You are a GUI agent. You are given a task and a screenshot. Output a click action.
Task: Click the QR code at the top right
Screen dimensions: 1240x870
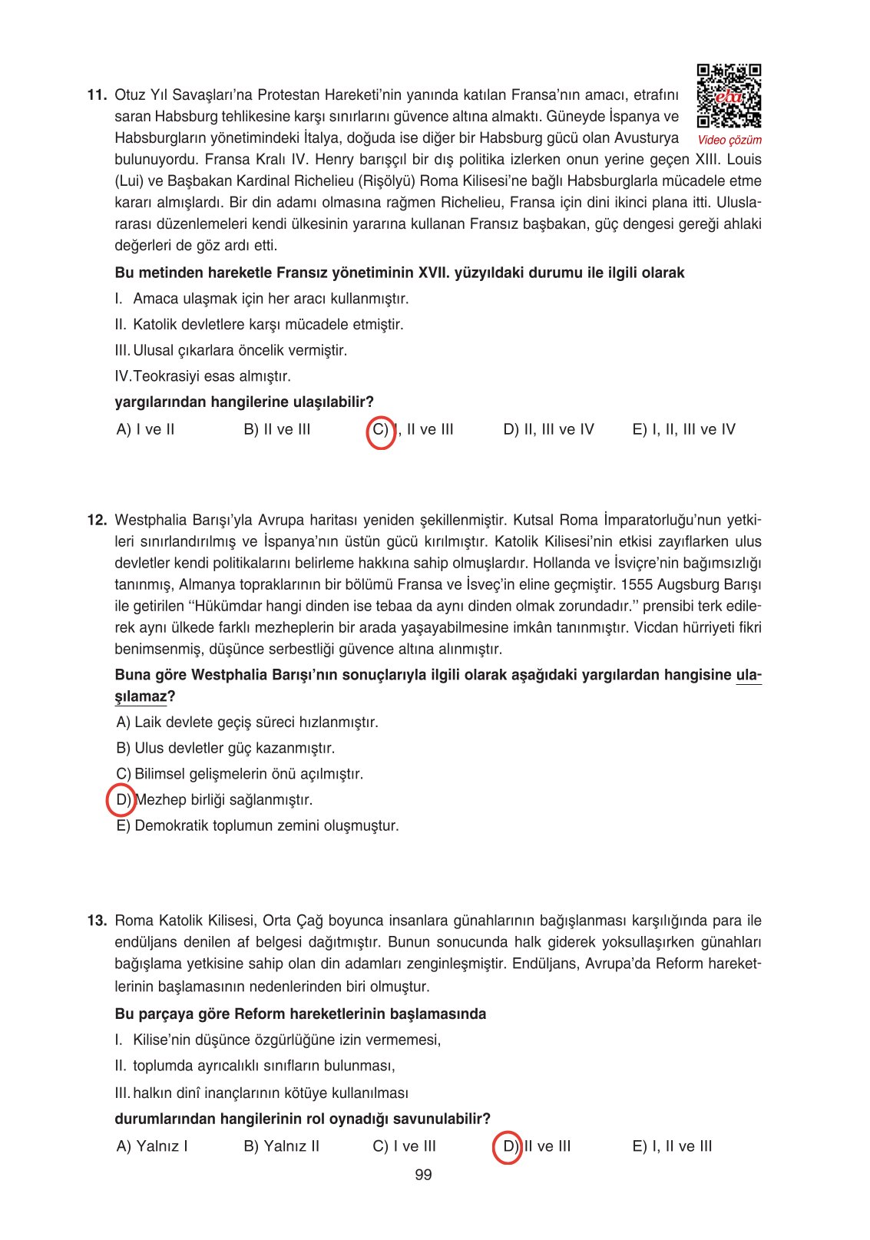pyautogui.click(x=729, y=96)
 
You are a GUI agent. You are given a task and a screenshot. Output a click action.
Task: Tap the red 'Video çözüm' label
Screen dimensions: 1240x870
pyautogui.click(x=729, y=140)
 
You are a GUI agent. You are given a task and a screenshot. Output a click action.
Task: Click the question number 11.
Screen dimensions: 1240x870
pyautogui.click(x=96, y=95)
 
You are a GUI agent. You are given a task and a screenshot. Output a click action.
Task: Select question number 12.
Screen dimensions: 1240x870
pyautogui.click(x=96, y=520)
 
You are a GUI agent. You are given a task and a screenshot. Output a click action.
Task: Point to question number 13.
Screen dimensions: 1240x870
pyautogui.click(x=96, y=920)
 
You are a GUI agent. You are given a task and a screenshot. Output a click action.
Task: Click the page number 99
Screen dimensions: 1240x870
pyautogui.click(x=423, y=1174)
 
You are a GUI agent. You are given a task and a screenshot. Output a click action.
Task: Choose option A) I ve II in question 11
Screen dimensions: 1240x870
pyautogui.click(x=145, y=429)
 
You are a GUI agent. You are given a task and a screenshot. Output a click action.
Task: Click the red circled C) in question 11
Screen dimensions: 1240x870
pyautogui.click(x=382, y=429)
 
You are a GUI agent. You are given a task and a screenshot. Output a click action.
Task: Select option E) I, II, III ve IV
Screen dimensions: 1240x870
pyautogui.click(x=683, y=429)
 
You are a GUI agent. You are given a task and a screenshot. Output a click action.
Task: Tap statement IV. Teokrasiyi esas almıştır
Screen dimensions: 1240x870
pyautogui.click(x=203, y=376)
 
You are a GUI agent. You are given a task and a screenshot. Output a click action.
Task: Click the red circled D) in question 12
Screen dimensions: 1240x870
pyautogui.click(x=121, y=799)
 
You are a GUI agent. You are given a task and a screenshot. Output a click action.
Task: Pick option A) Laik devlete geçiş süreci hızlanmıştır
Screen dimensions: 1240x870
pyautogui.click(x=247, y=722)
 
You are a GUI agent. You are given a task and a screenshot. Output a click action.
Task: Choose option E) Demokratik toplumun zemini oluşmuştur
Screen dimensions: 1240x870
pyautogui.click(x=257, y=825)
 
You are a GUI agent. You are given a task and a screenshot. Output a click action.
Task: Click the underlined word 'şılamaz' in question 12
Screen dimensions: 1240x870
pyautogui.click(x=141, y=696)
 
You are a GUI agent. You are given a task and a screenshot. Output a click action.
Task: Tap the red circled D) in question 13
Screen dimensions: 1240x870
pyautogui.click(x=508, y=1146)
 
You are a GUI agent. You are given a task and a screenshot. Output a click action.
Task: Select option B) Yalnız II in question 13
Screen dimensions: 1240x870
pyautogui.click(x=281, y=1146)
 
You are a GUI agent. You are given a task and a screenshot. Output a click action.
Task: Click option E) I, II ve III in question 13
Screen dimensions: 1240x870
pyautogui.click(x=672, y=1146)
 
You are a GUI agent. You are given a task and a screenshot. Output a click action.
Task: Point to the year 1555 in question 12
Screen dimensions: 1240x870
pyautogui.click(x=636, y=584)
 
